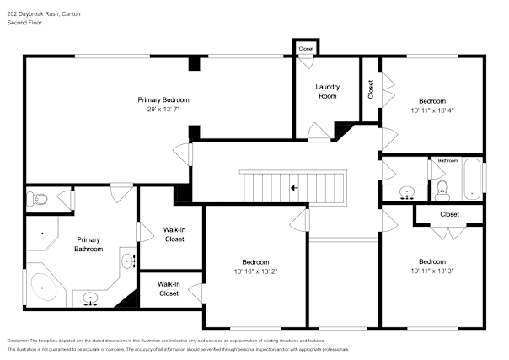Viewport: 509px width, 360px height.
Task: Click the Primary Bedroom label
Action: coord(163,100)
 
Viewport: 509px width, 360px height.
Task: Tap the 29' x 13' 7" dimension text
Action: coord(163,110)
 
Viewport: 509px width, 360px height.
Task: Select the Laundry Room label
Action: coord(328,92)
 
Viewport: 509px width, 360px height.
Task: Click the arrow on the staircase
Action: coord(294,188)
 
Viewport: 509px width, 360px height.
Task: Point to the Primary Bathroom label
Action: coord(88,244)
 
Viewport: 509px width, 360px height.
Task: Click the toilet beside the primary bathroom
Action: coord(37,199)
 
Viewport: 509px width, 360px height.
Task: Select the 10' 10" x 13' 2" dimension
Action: coord(255,271)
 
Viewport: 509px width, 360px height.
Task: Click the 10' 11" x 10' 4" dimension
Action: coord(432,110)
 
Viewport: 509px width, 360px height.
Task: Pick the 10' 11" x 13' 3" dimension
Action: coord(432,271)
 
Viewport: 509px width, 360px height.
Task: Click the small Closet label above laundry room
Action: coord(306,49)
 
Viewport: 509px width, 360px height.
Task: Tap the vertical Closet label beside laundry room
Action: coord(371,89)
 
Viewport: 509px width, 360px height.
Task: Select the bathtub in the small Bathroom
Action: coord(472,180)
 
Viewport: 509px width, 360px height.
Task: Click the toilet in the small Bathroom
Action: coord(442,191)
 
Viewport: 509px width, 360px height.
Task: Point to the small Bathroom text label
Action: coord(447,161)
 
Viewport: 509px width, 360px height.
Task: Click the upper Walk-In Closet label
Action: coord(174,234)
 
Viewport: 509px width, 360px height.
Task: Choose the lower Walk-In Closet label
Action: coord(169,289)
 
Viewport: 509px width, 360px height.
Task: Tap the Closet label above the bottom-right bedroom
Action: coord(450,214)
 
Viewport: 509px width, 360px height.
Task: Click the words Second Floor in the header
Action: coord(24,23)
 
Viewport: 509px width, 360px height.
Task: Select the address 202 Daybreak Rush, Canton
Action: coord(44,14)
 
